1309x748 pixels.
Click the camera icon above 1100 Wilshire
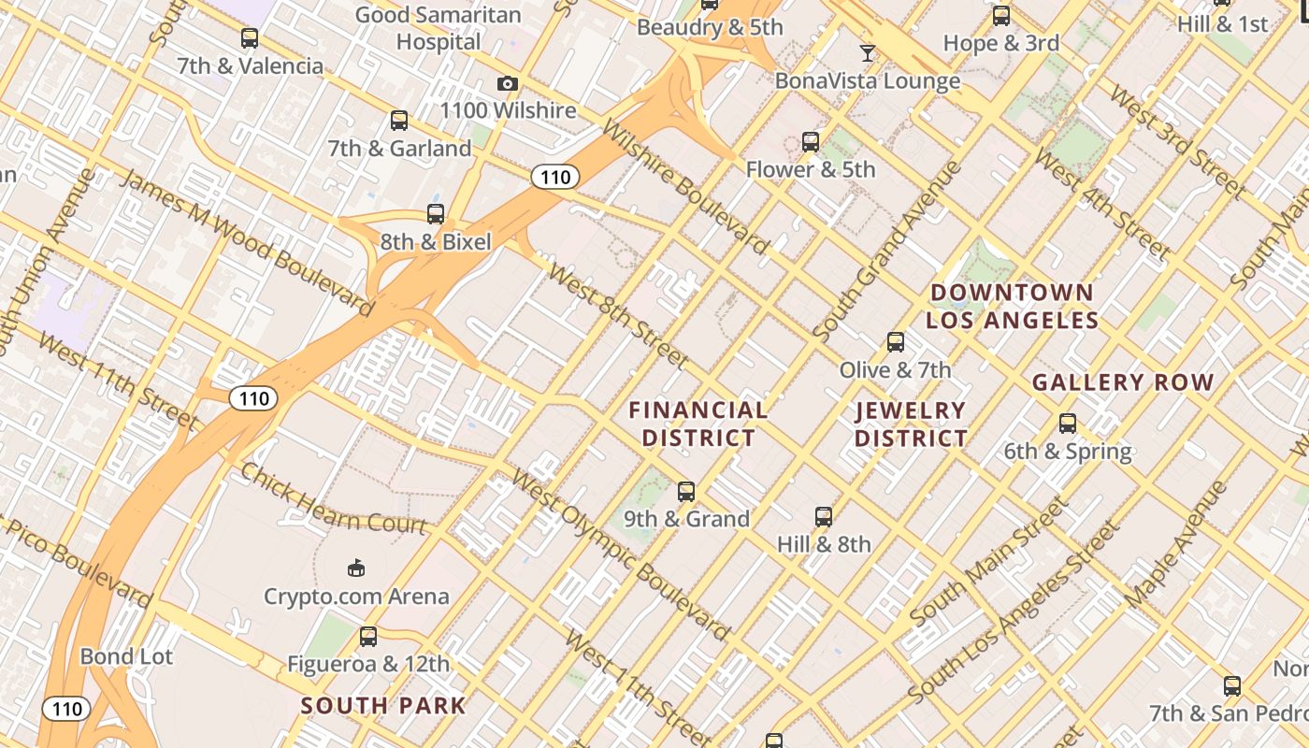pos(507,84)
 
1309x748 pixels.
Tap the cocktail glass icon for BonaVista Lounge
pos(868,53)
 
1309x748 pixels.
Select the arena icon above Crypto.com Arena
pos(355,568)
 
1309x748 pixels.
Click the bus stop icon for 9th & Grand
pos(686,492)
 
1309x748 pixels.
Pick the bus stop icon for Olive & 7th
pos(896,342)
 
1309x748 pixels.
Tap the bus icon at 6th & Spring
pos(1068,424)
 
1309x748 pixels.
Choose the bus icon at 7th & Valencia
pos(250,38)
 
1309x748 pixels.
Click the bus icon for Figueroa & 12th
pos(368,637)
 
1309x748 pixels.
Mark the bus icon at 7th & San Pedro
pos(1232,686)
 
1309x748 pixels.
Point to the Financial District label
pos(698,424)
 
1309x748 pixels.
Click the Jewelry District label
pos(911,424)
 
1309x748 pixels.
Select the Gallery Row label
pos(1123,382)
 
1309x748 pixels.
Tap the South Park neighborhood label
pos(383,706)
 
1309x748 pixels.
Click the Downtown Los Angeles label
pos(1012,307)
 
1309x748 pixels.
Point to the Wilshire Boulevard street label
pos(686,188)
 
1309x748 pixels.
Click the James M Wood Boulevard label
pos(247,241)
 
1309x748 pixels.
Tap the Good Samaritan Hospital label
pos(439,28)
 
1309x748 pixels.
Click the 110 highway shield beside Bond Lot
pos(67,709)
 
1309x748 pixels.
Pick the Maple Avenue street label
pos(1176,543)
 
